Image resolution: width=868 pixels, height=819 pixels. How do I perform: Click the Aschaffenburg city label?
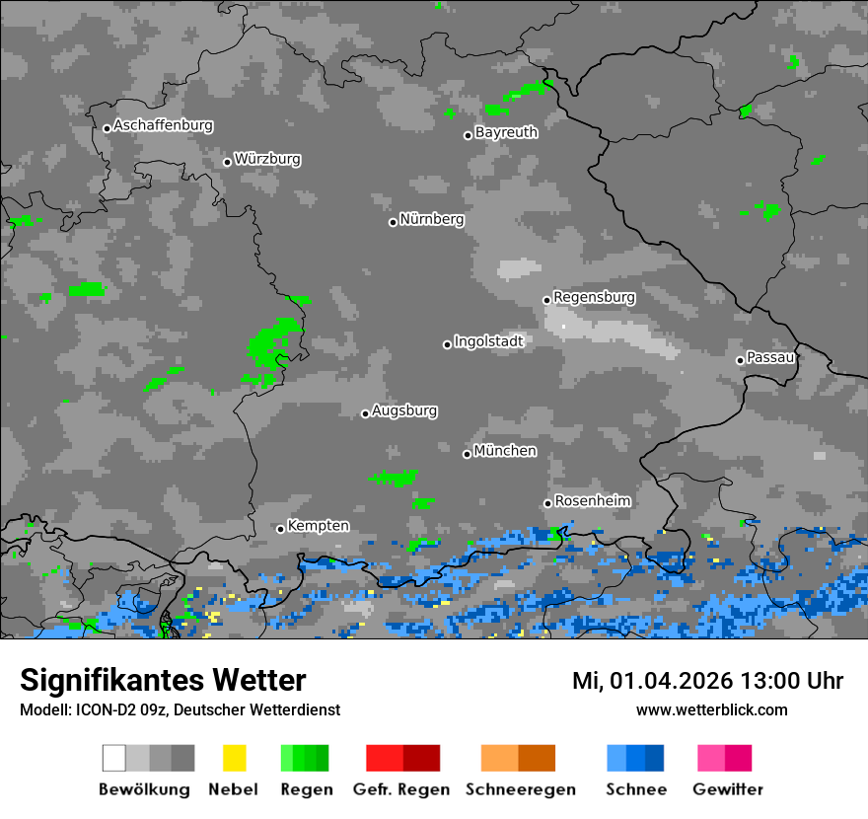(163, 125)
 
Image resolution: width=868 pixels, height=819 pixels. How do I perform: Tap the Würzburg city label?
(267, 159)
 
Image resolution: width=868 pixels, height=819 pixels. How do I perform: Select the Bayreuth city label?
(506, 132)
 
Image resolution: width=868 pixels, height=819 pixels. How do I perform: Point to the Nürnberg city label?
(432, 219)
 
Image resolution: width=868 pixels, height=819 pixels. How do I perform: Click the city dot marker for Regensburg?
(546, 300)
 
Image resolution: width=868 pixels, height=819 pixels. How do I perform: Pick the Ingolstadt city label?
(488, 341)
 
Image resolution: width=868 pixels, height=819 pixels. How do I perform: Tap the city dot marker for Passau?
(740, 360)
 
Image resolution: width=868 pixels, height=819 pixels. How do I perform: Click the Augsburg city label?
(404, 410)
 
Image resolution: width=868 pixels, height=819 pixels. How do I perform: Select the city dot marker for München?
(467, 454)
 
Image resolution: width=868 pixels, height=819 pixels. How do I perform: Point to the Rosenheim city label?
(592, 500)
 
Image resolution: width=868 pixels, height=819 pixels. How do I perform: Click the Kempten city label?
(318, 526)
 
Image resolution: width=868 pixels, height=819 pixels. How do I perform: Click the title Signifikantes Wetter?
(163, 681)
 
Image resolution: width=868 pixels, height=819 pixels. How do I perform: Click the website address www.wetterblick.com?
(711, 709)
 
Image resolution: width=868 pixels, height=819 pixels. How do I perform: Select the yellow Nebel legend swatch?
(234, 758)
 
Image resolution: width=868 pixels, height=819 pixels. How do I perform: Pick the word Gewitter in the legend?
(728, 789)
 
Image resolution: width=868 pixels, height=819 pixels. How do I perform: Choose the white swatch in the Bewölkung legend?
(114, 758)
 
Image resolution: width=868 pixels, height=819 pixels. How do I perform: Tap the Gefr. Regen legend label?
(401, 789)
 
